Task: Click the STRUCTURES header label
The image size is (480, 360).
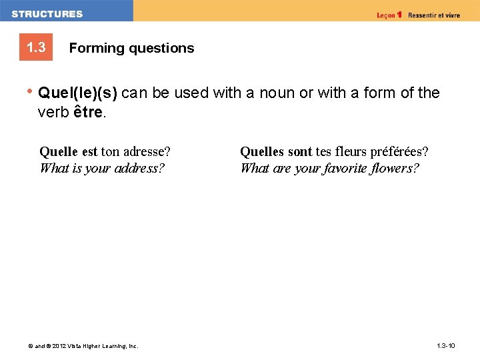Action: click(x=47, y=14)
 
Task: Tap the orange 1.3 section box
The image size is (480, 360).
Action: click(x=36, y=48)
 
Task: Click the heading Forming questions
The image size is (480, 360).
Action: click(x=131, y=48)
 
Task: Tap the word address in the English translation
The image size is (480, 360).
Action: click(x=139, y=168)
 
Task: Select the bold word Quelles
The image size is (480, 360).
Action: click(x=262, y=151)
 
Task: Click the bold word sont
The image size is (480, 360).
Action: click(x=300, y=151)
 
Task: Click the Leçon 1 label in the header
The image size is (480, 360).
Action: click(x=389, y=15)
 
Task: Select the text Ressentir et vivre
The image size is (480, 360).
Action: click(x=433, y=15)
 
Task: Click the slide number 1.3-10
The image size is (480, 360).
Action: click(x=445, y=346)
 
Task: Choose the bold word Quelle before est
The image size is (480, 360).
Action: click(x=59, y=151)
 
